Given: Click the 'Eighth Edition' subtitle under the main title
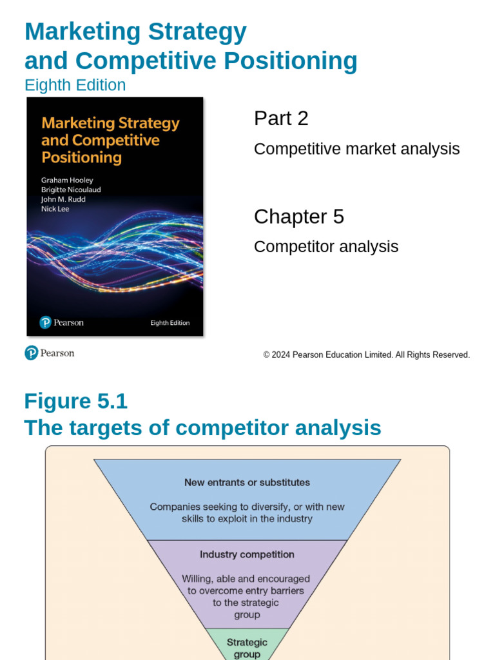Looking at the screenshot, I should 75,85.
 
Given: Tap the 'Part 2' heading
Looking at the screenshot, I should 281,119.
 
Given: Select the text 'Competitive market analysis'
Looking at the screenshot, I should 356,149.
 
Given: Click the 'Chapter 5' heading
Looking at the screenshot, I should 298,217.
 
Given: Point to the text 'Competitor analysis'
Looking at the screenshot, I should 325,247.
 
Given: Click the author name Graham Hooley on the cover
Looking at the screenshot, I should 67,180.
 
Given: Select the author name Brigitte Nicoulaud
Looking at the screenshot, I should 71,190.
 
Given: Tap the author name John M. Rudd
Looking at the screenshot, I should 63,199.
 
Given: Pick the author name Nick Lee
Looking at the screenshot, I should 55,209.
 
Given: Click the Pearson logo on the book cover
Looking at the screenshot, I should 61,322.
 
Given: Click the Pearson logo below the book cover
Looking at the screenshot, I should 50,353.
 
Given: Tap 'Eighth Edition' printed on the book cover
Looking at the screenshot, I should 170,323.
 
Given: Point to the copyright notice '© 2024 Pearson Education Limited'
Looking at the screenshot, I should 366,355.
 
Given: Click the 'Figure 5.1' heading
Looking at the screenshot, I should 75,401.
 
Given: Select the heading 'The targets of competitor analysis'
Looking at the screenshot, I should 202,428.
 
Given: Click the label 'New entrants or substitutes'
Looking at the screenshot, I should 247,482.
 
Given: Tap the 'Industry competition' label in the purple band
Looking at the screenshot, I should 247,554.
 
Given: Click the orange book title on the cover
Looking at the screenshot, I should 110,140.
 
